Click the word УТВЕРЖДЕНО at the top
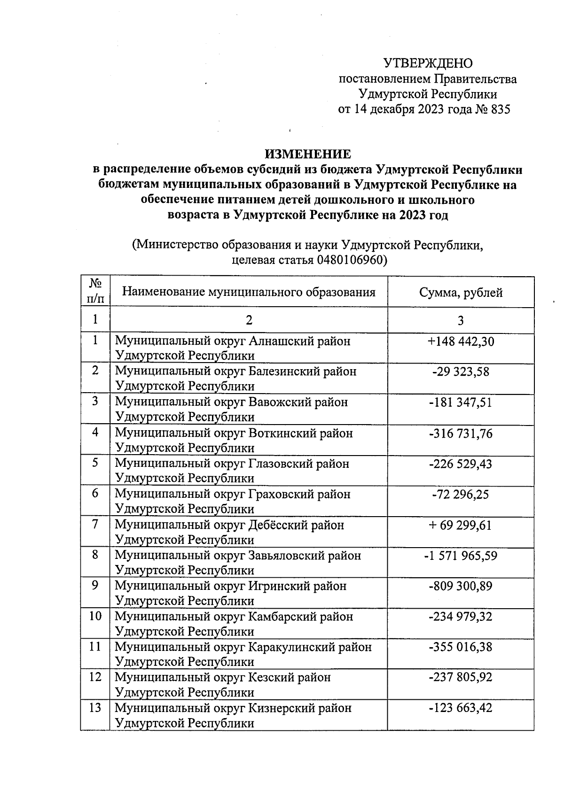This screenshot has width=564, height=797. pos(428,63)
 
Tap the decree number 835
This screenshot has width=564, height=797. pos(500,109)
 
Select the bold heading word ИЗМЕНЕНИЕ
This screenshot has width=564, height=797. pos(308,154)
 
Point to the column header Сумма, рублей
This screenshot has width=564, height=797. pos(461,293)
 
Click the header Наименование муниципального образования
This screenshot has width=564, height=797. pos(249,292)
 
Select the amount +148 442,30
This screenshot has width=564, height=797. pos(461,341)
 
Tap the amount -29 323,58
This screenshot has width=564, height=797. pos(461,372)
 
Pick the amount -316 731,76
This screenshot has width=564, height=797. pos(461,433)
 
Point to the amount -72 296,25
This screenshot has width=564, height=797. pos(461,494)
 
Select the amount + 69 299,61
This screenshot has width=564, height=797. pos(461,525)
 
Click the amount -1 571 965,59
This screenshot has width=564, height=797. pos(461,556)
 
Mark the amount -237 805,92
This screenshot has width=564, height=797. pos(461,677)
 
